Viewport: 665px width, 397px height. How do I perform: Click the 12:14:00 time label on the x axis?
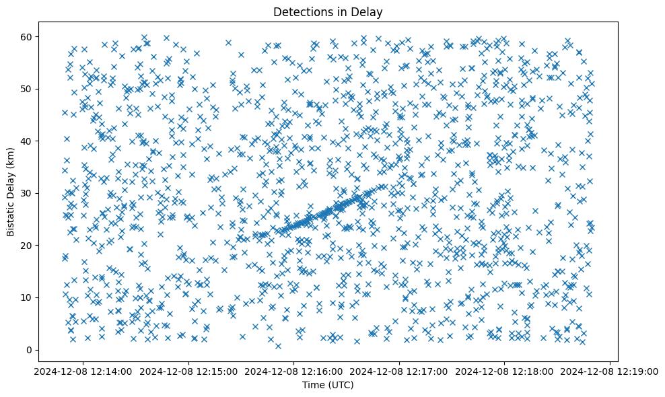[x=83, y=371]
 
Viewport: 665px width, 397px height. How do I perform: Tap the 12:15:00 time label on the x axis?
[x=188, y=371]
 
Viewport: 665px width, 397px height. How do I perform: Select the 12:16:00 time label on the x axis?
[x=294, y=371]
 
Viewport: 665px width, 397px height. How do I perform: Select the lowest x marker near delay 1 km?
[x=278, y=346]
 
